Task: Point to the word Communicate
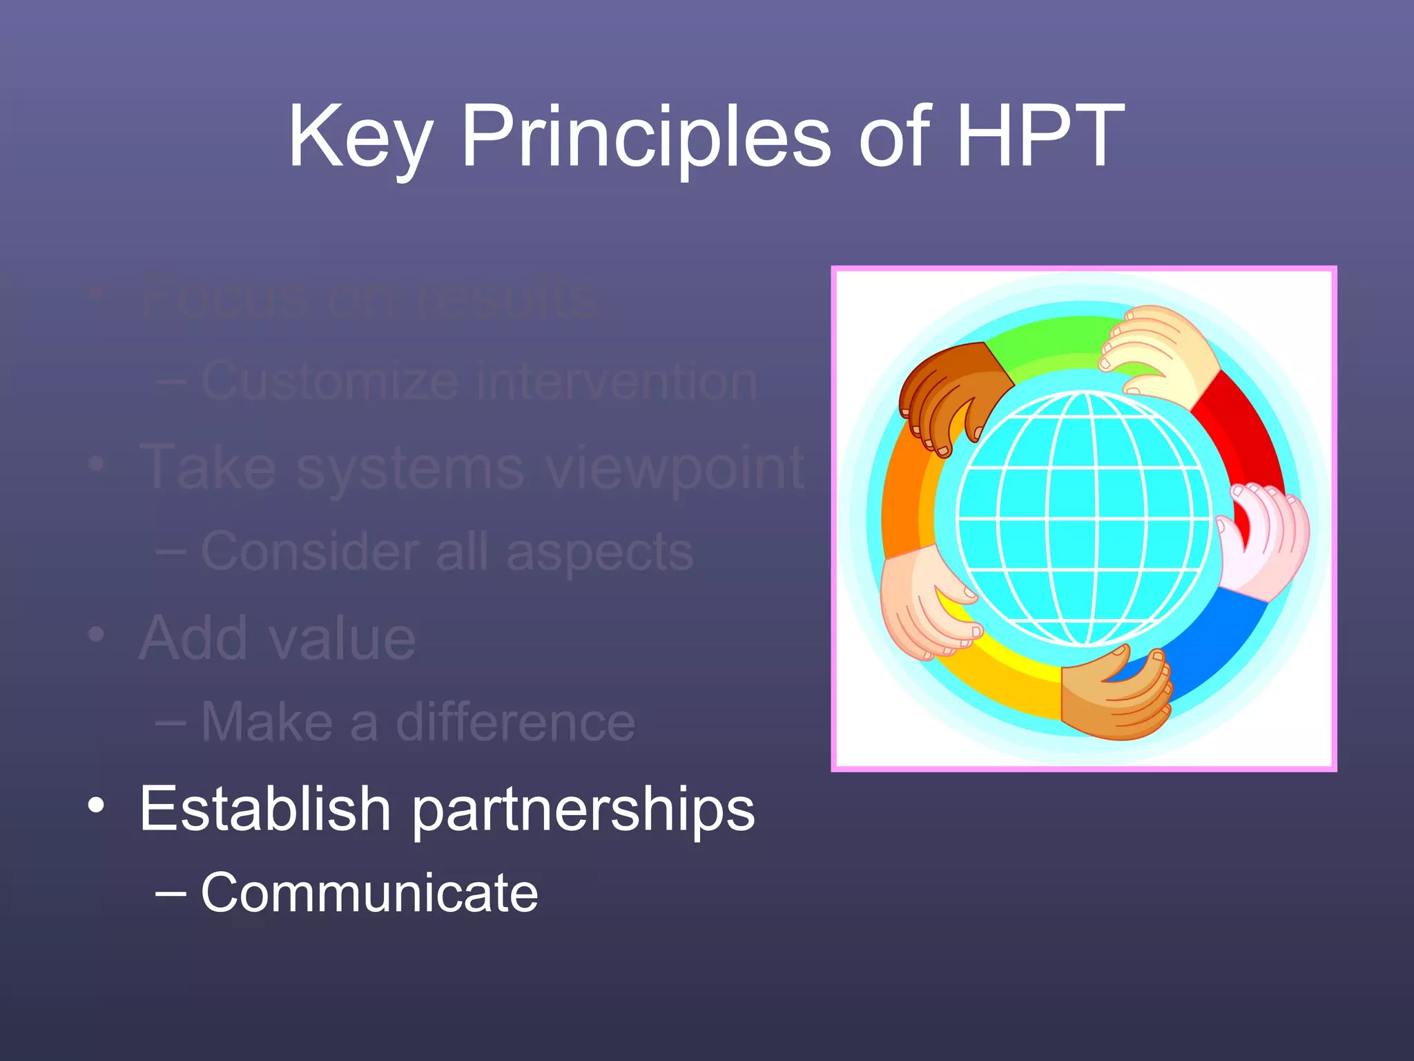(369, 892)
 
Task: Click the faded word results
(508, 298)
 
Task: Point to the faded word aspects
(599, 553)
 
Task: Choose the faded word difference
(515, 723)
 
